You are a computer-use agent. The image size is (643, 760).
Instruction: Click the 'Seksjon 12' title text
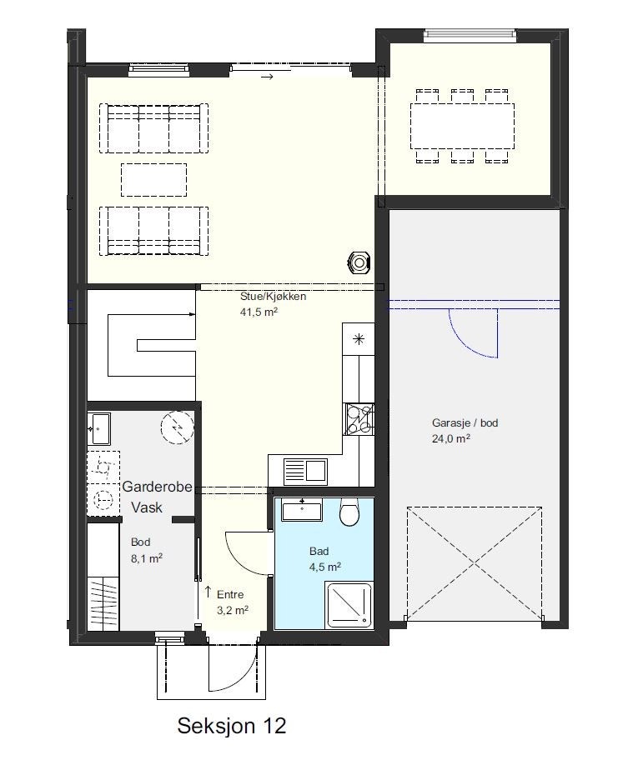pos(231,726)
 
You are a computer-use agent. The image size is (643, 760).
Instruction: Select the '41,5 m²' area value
pos(259,312)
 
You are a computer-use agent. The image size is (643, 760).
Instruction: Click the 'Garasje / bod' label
pos(465,423)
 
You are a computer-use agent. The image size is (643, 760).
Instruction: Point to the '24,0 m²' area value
pos(451,438)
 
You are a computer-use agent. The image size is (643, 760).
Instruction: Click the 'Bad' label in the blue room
pos(319,552)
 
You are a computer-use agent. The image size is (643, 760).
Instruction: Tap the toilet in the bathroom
pos(349,514)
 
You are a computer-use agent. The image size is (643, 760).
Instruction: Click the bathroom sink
pos(301,509)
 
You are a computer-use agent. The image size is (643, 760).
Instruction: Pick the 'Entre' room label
pos(230,595)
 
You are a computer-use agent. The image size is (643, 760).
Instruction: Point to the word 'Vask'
pos(146,507)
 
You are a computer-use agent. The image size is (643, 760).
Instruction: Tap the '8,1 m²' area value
pos(146,559)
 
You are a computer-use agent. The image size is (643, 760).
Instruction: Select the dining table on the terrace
pos(462,126)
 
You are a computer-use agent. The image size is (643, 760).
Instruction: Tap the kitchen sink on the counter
pos(305,471)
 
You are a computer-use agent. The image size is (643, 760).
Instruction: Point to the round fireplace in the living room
pos(359,262)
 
